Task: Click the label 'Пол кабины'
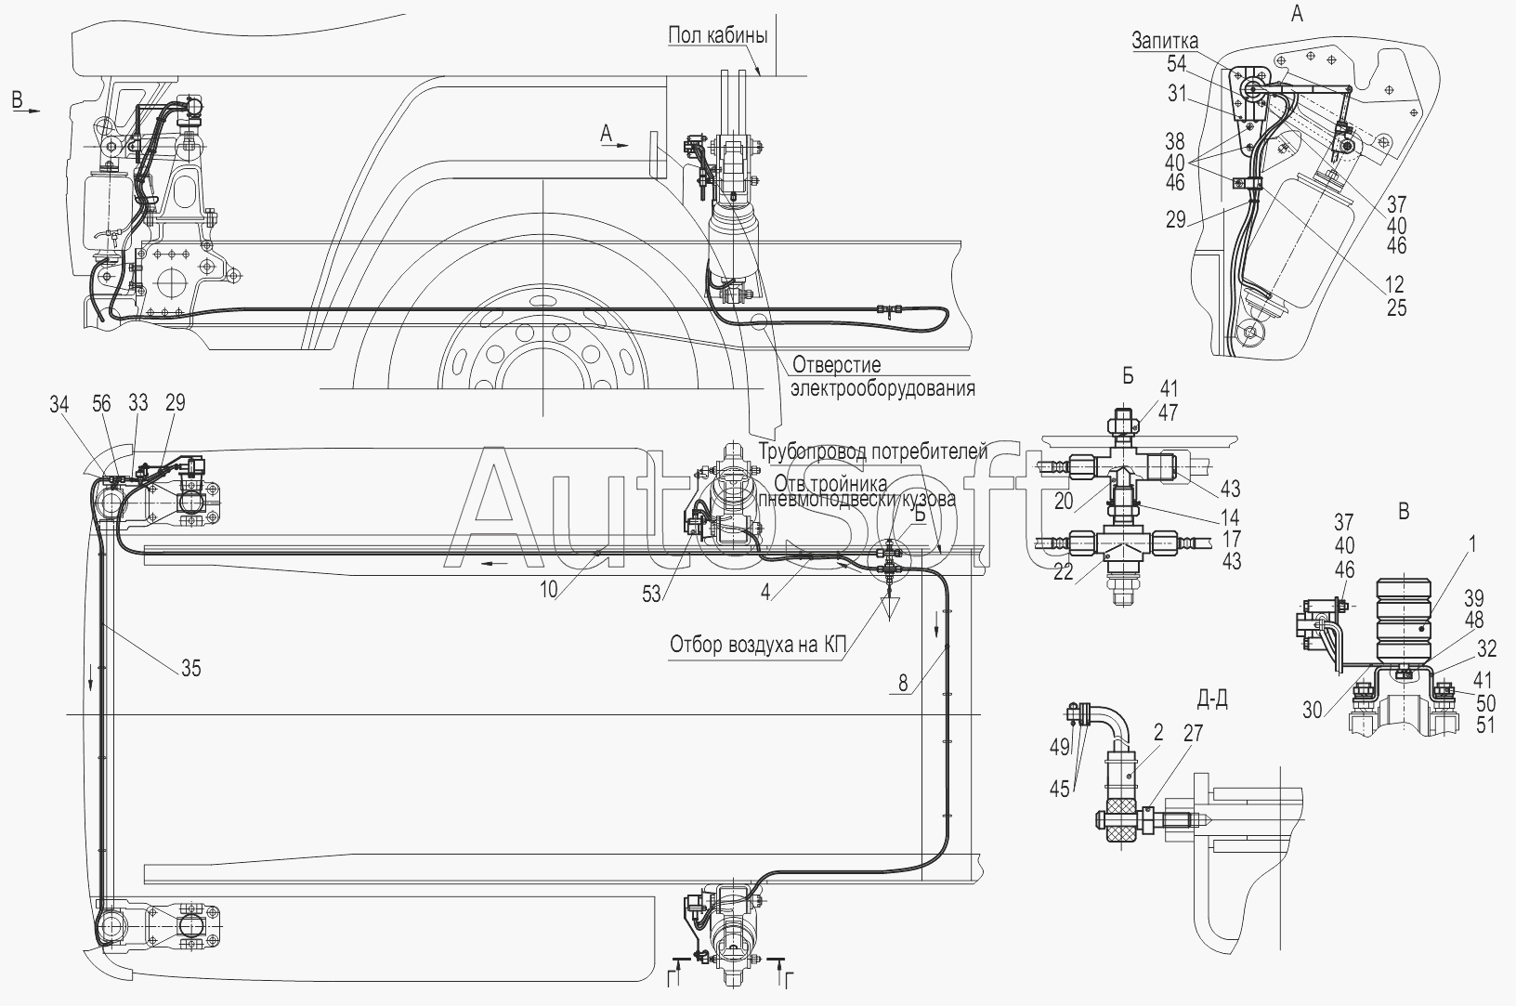(x=717, y=36)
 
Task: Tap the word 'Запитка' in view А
(x=1165, y=41)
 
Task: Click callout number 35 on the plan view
(x=190, y=667)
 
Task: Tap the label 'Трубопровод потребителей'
(x=872, y=452)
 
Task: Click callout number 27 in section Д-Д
(x=1193, y=734)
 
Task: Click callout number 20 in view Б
(x=1064, y=501)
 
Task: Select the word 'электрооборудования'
(x=882, y=387)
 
